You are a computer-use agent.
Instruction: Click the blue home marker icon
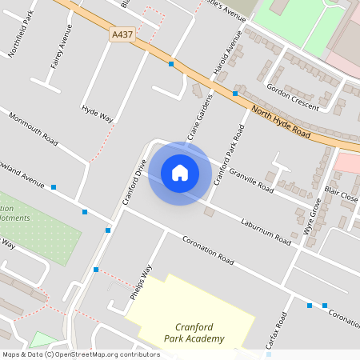click(x=179, y=173)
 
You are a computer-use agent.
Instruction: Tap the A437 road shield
click(x=122, y=35)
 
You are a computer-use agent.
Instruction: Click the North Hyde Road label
click(x=280, y=122)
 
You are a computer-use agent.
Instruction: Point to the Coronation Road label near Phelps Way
click(x=207, y=250)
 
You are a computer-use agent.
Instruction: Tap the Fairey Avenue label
click(x=56, y=50)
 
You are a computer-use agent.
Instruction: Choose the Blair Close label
click(x=342, y=194)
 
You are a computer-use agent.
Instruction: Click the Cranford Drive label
click(x=134, y=181)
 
